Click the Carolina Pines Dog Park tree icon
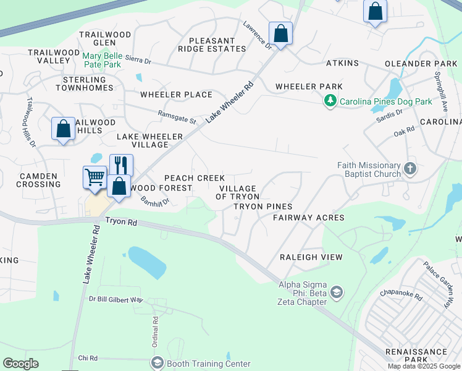point(330,100)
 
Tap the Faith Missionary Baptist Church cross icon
point(409,168)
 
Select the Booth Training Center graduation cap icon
point(157,363)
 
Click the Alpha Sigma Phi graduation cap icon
point(337,292)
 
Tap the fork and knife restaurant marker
point(121,165)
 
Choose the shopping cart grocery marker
point(94,177)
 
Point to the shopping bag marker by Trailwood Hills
point(63,129)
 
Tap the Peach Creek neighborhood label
point(195,178)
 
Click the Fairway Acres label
point(309,218)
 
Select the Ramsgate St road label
point(176,116)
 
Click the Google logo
point(20,364)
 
